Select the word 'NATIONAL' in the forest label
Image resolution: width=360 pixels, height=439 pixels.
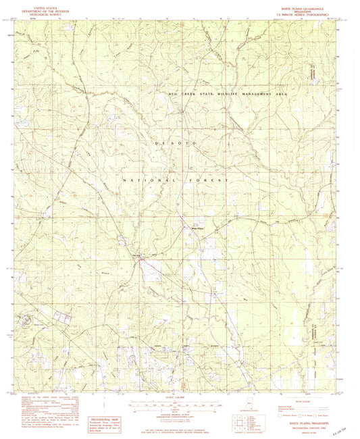pyautogui.click(x=143, y=181)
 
